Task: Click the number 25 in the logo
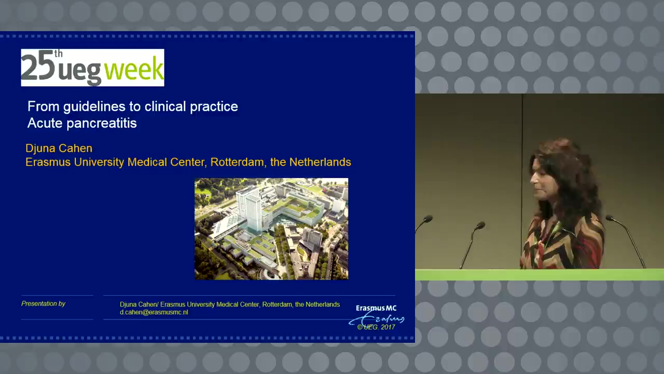38,66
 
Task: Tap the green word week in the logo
134,69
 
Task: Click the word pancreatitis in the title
102,124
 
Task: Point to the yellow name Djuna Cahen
59,149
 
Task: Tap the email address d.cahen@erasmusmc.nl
154,312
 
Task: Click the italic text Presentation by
43,304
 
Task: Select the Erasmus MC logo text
376,308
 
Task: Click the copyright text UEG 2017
377,327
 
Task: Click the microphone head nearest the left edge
428,219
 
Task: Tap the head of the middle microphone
480,225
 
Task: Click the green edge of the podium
539,275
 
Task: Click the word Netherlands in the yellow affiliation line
320,163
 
